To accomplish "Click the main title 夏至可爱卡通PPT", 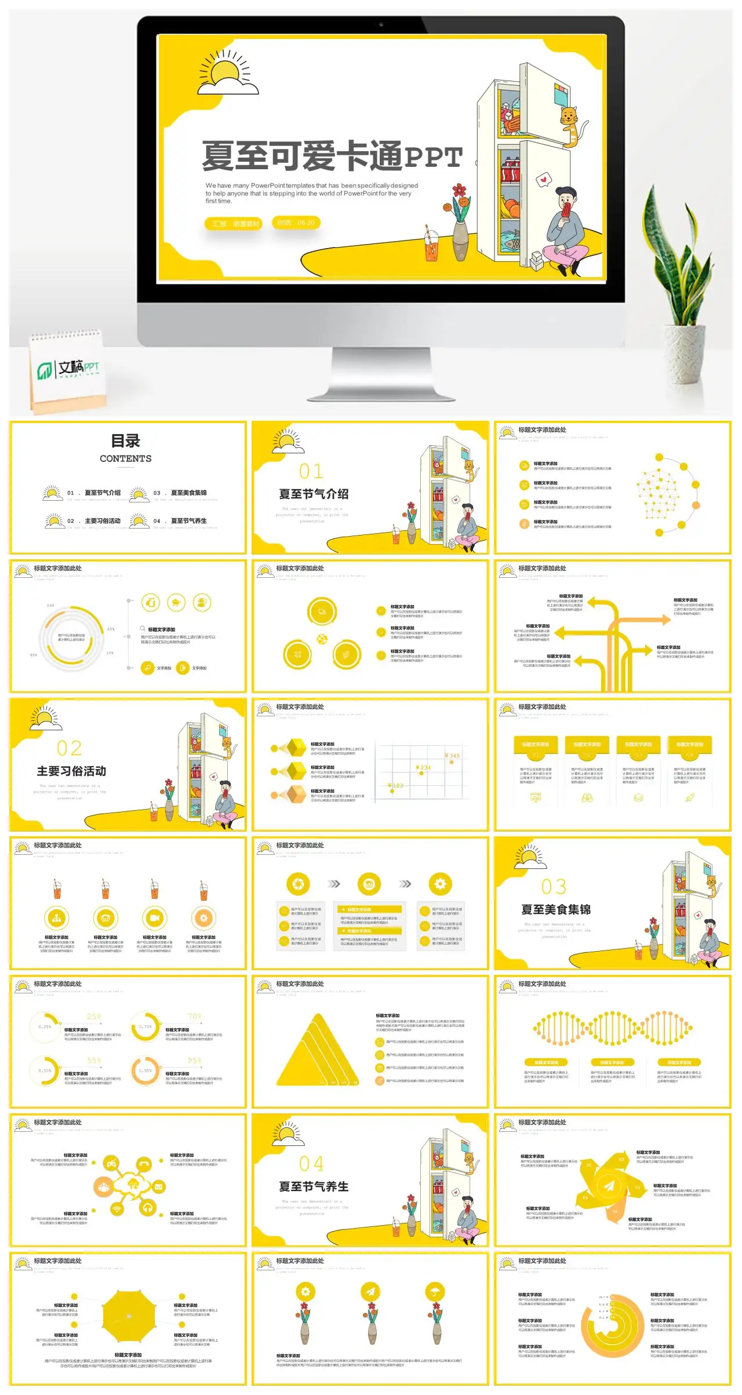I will point(332,156).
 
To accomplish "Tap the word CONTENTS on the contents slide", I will point(125,458).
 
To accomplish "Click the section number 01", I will point(311,471).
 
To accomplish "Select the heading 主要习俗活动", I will point(71,771).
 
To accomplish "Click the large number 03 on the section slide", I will point(554,887).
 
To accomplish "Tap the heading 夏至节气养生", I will point(314,1186).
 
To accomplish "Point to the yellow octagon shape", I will point(129,1316).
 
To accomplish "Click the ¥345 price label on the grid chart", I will point(452,755).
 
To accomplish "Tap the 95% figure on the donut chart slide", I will point(194,1061).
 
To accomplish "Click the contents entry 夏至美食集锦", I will point(188,493).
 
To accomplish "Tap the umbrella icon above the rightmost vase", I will point(436,1291).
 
